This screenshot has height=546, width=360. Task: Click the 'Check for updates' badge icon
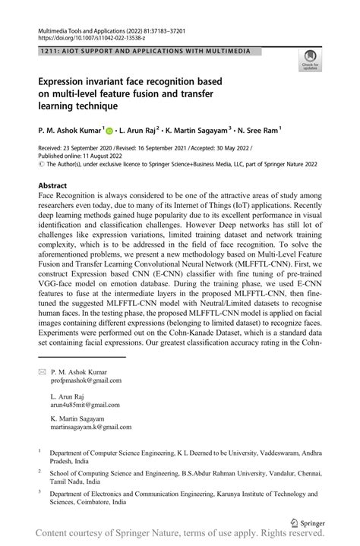click(x=309, y=58)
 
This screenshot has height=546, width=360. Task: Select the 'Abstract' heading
click(x=57, y=185)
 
